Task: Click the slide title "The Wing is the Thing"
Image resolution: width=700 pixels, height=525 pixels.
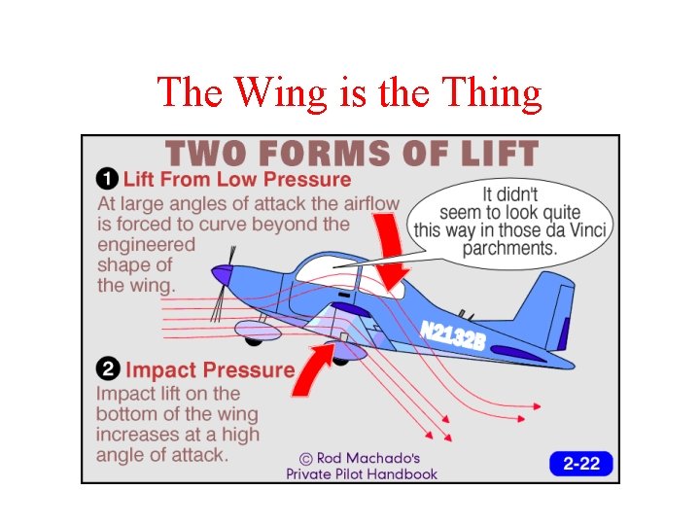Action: tap(349, 92)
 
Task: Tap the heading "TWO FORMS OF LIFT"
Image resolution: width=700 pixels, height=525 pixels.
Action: tap(351, 154)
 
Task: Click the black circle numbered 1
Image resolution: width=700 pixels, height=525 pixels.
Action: tap(107, 179)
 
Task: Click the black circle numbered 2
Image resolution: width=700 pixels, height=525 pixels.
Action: tap(107, 370)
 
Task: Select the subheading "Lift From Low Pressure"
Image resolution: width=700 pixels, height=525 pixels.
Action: tap(235, 179)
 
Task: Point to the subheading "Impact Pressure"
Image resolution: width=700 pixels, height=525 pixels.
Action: tap(209, 370)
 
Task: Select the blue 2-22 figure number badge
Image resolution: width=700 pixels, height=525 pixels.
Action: tap(581, 464)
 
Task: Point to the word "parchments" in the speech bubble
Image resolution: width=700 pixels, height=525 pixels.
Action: tap(508, 249)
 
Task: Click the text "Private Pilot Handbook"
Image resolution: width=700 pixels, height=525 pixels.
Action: tap(362, 474)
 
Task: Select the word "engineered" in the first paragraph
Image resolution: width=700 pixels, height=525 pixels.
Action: tap(146, 244)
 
